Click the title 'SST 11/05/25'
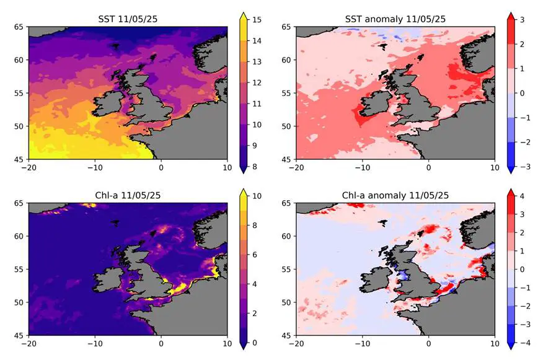point(127,19)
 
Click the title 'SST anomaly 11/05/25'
point(395,19)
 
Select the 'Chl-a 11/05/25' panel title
point(127,195)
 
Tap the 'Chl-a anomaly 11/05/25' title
point(395,195)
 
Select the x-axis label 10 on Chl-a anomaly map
point(494,343)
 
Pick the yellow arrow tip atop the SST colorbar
point(244,14)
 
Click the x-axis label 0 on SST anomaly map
point(428,167)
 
